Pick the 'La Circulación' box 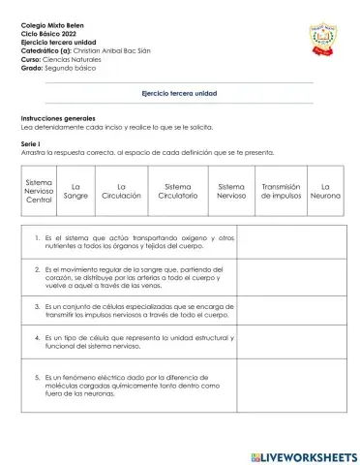pos(121,191)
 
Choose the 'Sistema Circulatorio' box pos(178,191)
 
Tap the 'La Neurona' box pos(325,191)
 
